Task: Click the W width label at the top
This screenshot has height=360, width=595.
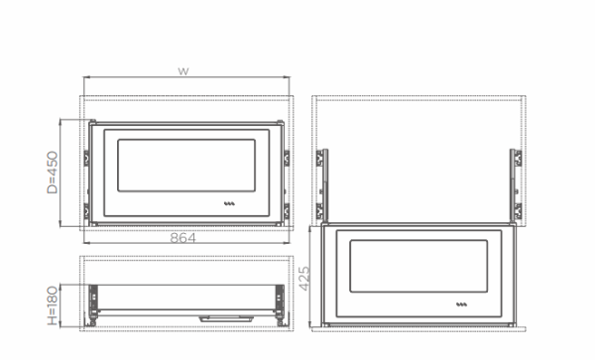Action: coord(182,71)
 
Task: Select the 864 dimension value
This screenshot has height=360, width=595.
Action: coord(182,238)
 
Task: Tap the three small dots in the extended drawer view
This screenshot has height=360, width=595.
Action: coord(462,304)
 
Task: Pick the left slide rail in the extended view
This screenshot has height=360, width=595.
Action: coord(322,183)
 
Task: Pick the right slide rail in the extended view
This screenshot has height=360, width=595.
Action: coord(515,183)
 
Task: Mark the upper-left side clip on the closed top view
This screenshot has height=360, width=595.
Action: coord(87,157)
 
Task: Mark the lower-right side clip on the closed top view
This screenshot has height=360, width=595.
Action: coord(285,209)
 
